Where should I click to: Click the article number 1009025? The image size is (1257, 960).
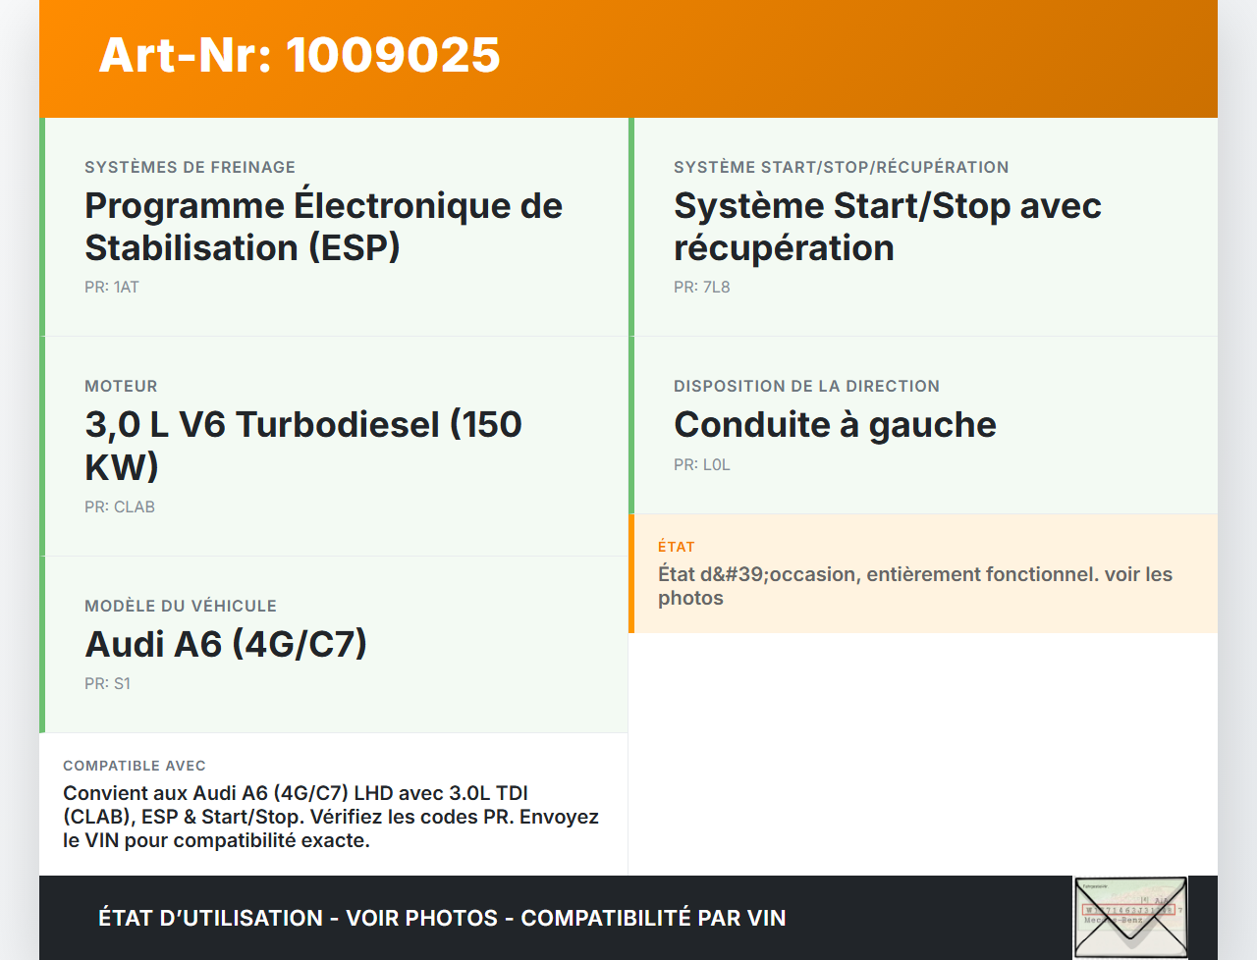[x=393, y=56]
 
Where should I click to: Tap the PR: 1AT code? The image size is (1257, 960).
[x=112, y=287]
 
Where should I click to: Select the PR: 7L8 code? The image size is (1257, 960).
[x=701, y=287]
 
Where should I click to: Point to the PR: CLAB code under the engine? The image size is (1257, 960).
[x=120, y=507]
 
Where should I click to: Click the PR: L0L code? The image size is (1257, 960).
[x=701, y=465]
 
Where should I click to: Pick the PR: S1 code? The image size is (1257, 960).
[x=108, y=683]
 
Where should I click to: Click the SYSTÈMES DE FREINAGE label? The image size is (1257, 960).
[x=191, y=167]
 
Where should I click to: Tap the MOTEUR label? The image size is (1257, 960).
[x=121, y=387]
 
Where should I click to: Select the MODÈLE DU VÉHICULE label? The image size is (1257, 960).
[x=181, y=606]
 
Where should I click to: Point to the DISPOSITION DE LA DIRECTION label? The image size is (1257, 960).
[x=807, y=387]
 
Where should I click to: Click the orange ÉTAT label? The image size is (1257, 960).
[x=677, y=547]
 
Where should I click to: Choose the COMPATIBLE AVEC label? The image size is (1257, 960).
[x=135, y=766]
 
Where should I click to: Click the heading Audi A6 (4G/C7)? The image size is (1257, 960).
[x=226, y=644]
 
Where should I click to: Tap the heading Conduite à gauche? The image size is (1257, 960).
[x=835, y=425]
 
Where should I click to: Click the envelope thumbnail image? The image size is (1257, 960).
[x=1130, y=917]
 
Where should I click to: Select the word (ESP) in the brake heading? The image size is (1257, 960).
[x=354, y=248]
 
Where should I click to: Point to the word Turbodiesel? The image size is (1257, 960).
[x=338, y=425]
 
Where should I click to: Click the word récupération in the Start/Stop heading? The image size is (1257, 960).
[x=784, y=248]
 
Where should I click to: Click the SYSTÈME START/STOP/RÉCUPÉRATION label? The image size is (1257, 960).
[x=842, y=167]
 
